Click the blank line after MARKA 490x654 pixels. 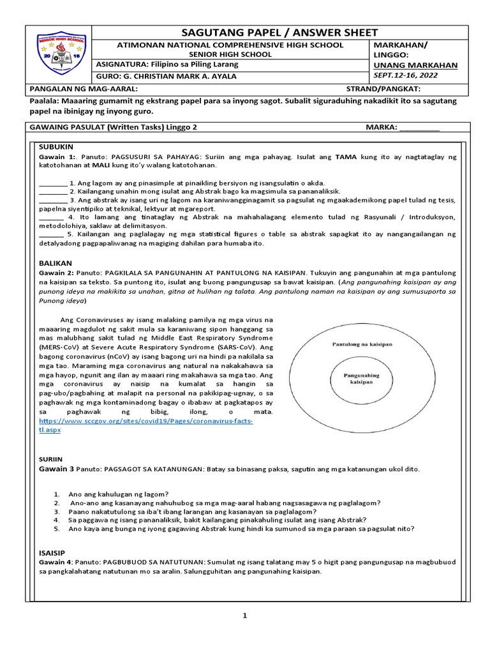tap(419, 127)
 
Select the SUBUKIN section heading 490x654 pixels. tap(53, 146)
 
